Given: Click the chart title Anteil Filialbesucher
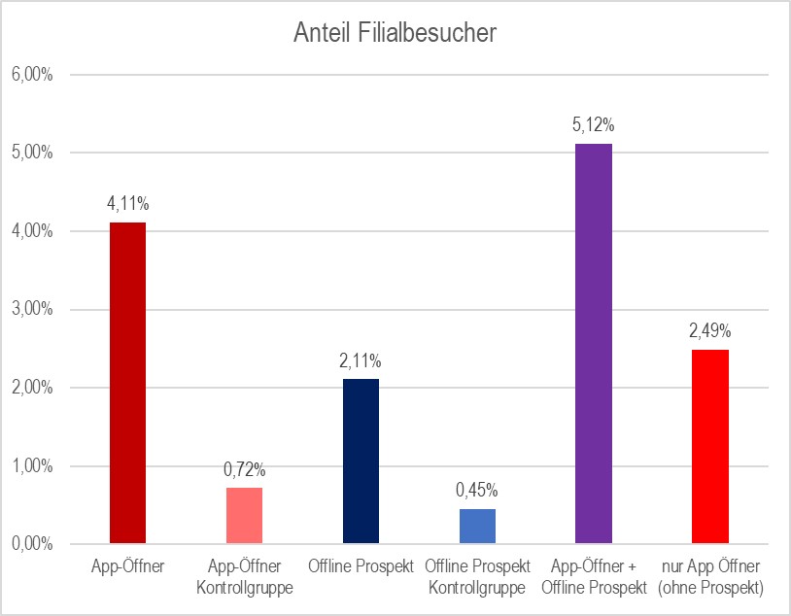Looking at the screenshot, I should [395, 34].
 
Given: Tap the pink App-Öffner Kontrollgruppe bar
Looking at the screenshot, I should [244, 515].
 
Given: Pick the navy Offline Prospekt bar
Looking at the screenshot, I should [361, 461].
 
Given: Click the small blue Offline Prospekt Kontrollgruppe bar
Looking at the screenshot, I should [477, 526].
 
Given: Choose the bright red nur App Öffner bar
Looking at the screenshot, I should [710, 446].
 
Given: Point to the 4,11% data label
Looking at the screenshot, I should [128, 204].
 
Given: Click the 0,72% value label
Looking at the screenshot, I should [244, 469].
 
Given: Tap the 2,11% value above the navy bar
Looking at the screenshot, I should [361, 360].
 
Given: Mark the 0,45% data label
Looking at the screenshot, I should [477, 491].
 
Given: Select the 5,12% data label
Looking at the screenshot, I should [594, 124].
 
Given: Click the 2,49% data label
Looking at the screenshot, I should [710, 331].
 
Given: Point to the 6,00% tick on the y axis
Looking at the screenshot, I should [31, 75].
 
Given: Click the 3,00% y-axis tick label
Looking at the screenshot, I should [31, 310].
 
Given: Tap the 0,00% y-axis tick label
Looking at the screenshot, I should [31, 544].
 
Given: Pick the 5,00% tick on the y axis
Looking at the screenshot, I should [31, 154].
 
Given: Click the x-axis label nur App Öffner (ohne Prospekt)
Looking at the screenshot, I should [710, 577].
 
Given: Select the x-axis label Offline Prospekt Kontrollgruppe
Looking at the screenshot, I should [477, 577].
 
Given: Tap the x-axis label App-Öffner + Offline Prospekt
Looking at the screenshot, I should [594, 577].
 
